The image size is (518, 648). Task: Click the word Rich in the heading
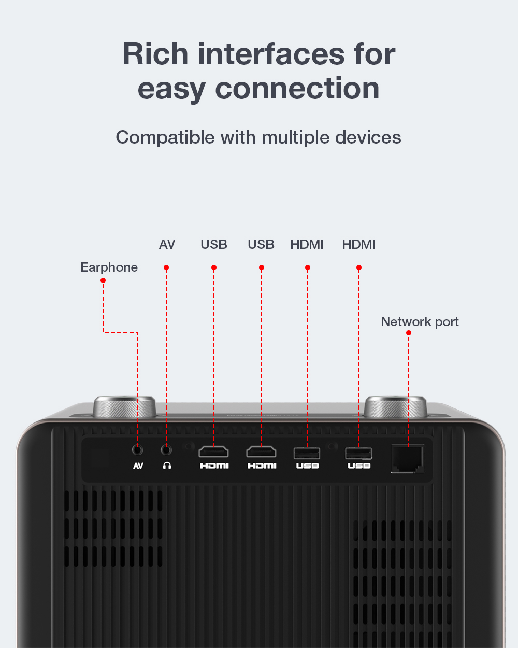(155, 54)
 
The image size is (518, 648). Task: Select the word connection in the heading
(297, 89)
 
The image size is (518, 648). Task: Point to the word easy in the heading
(171, 89)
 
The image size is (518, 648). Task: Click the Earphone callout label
(109, 267)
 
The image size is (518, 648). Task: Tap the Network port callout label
(420, 322)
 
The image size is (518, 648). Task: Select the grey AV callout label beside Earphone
(167, 244)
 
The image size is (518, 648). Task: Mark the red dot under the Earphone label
(103, 280)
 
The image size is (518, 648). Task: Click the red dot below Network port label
(409, 333)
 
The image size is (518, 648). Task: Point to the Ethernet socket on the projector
(408, 459)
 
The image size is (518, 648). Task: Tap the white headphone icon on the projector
(167, 466)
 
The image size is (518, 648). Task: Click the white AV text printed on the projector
(138, 466)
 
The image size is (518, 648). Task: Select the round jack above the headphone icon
(166, 449)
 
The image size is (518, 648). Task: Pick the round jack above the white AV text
(137, 449)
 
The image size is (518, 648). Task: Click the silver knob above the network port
(396, 407)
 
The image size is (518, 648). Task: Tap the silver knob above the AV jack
(125, 407)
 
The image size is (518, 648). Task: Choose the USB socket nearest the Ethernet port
(358, 454)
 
